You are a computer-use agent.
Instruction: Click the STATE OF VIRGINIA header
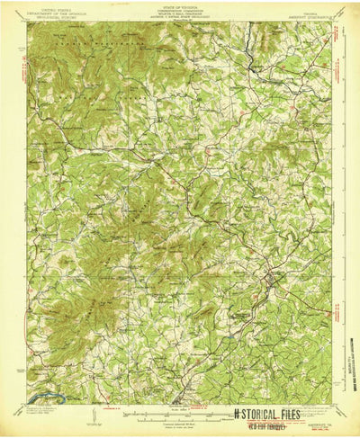(x=180, y=8)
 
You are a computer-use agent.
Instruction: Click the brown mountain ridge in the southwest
(x=63, y=297)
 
